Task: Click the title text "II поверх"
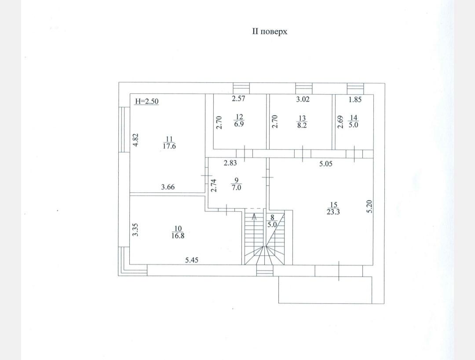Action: point(270,32)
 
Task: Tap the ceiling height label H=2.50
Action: point(146,101)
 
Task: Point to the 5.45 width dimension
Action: point(192,260)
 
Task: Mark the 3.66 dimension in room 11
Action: point(168,187)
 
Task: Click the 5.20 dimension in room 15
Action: point(369,206)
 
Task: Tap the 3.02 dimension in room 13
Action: point(303,99)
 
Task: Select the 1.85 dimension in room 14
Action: point(355,99)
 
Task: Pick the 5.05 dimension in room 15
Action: point(325,164)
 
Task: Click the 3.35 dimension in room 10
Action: point(135,230)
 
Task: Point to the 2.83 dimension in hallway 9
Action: point(230,163)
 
